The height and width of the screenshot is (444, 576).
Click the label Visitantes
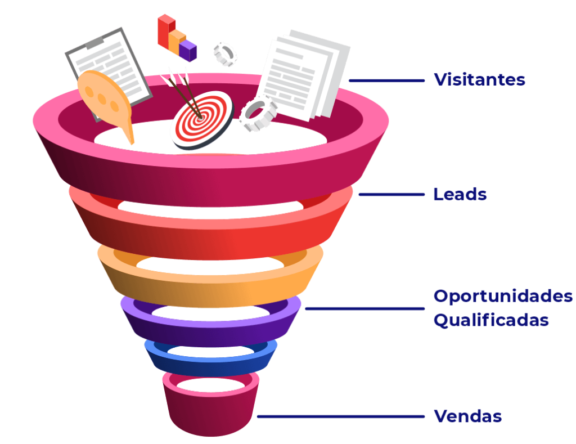[479, 80]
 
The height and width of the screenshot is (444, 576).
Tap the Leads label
[460, 194]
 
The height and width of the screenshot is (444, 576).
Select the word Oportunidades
[503, 296]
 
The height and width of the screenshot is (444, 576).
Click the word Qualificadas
[490, 320]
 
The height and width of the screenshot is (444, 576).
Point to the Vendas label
[467, 417]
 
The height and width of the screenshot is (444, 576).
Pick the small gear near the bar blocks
[225, 54]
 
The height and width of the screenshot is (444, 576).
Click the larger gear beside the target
[258, 114]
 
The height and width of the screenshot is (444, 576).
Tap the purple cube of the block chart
[188, 50]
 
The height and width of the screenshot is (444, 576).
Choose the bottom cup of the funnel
[211, 411]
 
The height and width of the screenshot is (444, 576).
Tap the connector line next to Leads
[391, 195]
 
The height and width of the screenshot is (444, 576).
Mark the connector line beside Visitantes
[386, 80]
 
